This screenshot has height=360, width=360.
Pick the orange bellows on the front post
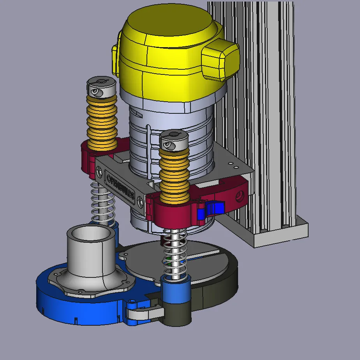click(x=174, y=175)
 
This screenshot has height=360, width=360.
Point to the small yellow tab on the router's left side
click(x=115, y=60)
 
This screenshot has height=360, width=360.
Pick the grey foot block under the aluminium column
click(x=281, y=234)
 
